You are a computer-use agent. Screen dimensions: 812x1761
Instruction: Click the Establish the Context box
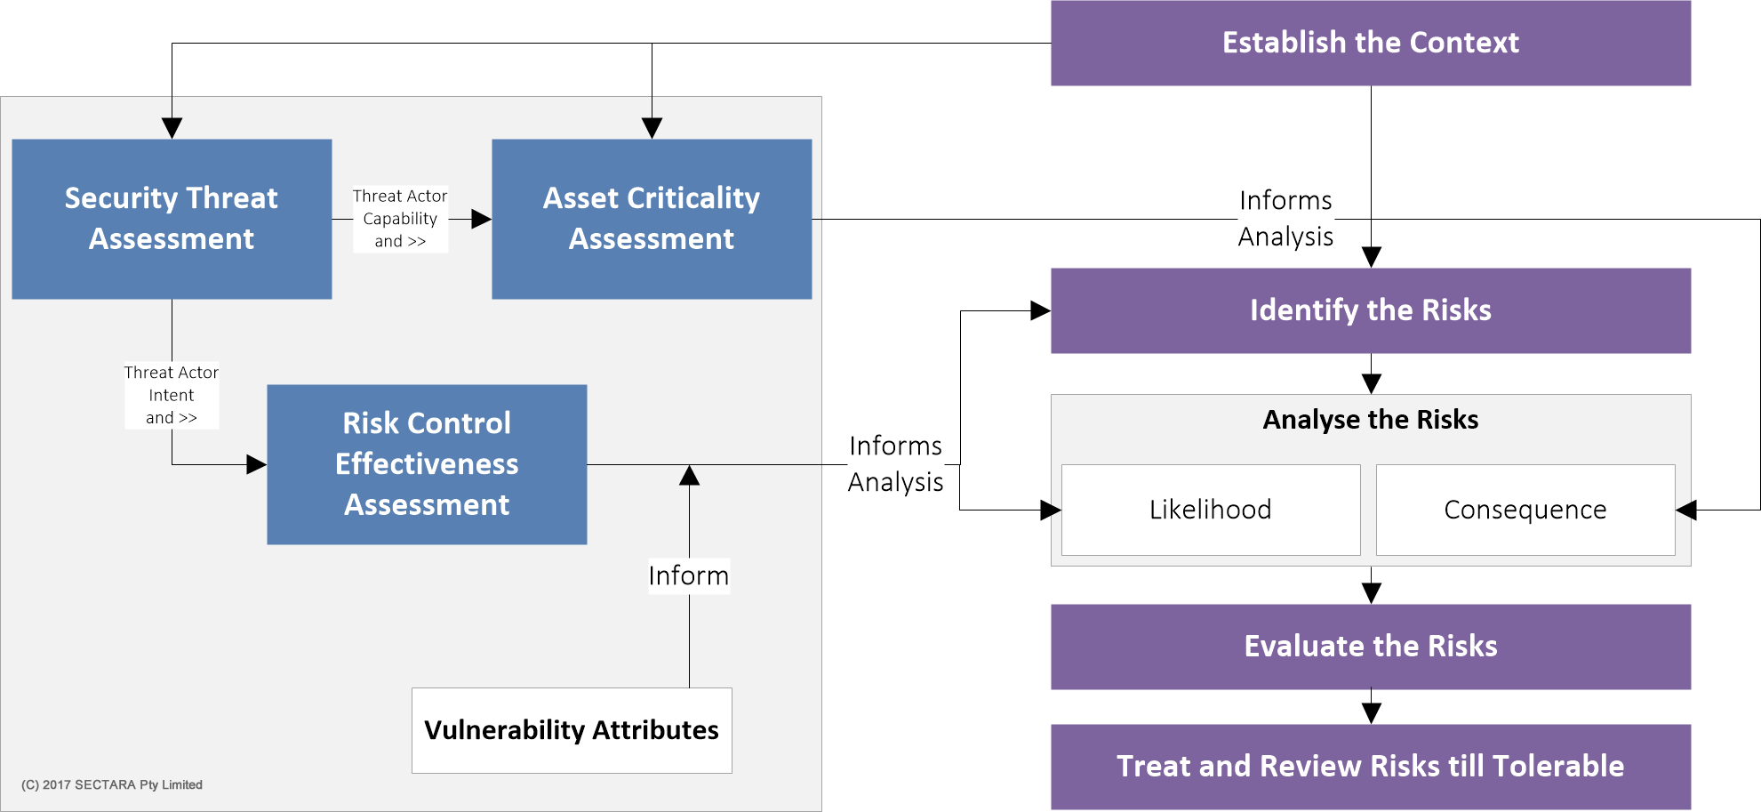(1370, 43)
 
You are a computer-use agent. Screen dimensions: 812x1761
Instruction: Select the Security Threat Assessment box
(172, 219)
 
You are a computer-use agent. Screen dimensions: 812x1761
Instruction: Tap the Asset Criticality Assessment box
(652, 219)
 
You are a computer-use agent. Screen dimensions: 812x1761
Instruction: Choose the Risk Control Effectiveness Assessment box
(427, 464)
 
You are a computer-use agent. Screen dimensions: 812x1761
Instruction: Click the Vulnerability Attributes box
(572, 730)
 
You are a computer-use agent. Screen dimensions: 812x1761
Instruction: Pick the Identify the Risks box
(1370, 310)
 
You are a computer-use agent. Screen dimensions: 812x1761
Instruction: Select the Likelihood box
(1211, 510)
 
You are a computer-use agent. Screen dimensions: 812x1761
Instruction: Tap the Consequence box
(1525, 510)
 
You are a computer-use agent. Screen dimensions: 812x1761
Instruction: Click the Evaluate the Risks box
(1370, 647)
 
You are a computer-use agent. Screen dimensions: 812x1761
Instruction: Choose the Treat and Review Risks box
(1370, 767)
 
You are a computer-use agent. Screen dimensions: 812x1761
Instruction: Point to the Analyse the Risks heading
(1370, 420)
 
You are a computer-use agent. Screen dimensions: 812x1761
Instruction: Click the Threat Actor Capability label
(400, 219)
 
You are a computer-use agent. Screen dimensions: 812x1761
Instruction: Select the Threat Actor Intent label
(172, 395)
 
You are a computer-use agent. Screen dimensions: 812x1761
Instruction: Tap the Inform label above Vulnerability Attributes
(689, 575)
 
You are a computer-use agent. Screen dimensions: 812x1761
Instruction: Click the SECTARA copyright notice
(112, 784)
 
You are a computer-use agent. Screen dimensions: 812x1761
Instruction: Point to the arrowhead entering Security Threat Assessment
(172, 129)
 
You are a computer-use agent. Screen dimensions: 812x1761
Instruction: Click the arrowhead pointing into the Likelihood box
(1051, 510)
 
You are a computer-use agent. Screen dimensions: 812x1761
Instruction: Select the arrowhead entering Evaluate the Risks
(1371, 594)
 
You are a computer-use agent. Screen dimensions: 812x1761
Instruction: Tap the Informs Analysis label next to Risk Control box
(895, 463)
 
